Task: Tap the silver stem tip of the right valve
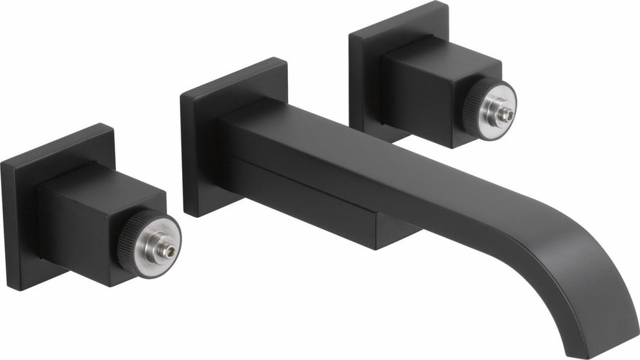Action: [x=507, y=112]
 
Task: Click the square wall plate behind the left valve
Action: [x=21, y=213]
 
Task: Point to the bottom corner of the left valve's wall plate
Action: [x=28, y=288]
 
